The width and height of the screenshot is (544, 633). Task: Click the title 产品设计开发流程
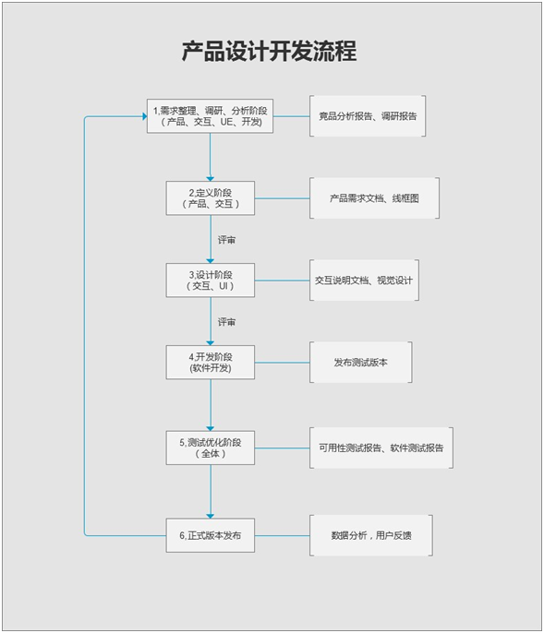269,52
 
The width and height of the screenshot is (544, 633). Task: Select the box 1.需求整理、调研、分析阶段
211,116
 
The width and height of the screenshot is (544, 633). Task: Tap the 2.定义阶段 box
211,197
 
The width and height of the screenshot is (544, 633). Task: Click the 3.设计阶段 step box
211,281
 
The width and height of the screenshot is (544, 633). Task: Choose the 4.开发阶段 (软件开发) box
211,362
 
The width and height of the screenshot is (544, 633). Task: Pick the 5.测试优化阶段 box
211,447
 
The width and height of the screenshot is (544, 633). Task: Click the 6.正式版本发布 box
211,535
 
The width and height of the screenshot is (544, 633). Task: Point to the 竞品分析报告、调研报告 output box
368,116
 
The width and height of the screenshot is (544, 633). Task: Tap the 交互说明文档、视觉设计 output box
365,281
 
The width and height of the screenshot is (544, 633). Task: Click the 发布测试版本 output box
361,362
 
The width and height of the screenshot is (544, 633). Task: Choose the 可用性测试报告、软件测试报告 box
381,448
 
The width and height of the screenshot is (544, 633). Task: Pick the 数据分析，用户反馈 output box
369,535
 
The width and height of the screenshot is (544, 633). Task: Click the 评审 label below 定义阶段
227,240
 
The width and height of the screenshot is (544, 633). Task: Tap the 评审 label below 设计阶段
227,322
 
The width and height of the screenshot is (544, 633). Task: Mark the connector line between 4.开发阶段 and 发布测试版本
282,362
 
